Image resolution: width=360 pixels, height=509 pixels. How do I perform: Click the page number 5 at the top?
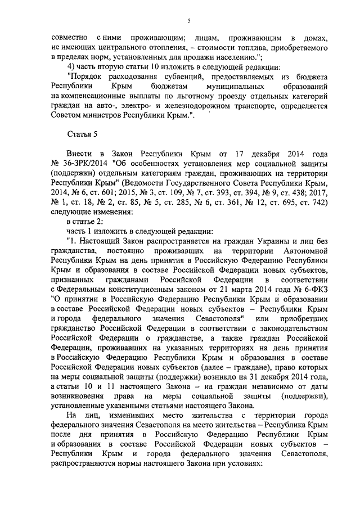coord(189,21)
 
